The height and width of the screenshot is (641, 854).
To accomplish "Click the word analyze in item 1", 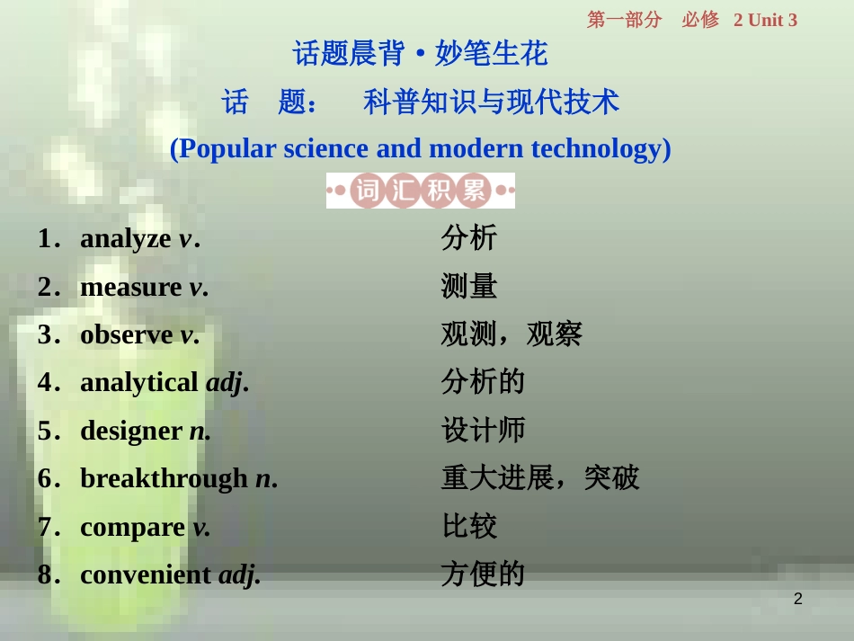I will (125, 239).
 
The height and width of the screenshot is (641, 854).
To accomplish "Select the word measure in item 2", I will (130, 288).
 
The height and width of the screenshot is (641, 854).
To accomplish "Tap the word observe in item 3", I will (126, 335).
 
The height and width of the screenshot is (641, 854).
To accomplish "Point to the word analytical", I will (138, 383).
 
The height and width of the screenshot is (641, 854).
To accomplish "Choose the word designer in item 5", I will (130, 431).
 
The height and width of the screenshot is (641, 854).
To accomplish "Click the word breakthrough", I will (164, 478).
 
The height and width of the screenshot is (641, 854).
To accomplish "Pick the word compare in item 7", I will (132, 527).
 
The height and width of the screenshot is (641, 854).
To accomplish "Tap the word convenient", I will (146, 574).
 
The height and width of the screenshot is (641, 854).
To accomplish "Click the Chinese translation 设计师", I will (483, 431).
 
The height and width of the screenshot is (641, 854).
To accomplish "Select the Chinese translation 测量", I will (469, 288).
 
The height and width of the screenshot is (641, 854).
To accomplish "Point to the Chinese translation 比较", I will (469, 527).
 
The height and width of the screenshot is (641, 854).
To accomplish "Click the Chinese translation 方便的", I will (483, 574).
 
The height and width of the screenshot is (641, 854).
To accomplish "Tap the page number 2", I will (798, 600).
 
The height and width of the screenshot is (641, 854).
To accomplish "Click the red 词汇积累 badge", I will (421, 191).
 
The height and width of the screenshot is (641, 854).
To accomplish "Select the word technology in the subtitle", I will (600, 148).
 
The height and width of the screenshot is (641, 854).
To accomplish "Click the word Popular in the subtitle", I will (227, 148).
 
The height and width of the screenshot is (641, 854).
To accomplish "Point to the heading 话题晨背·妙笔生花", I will (421, 54).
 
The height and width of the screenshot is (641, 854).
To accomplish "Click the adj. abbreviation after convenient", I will (240, 574).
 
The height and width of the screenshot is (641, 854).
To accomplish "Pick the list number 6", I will (46, 478).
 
